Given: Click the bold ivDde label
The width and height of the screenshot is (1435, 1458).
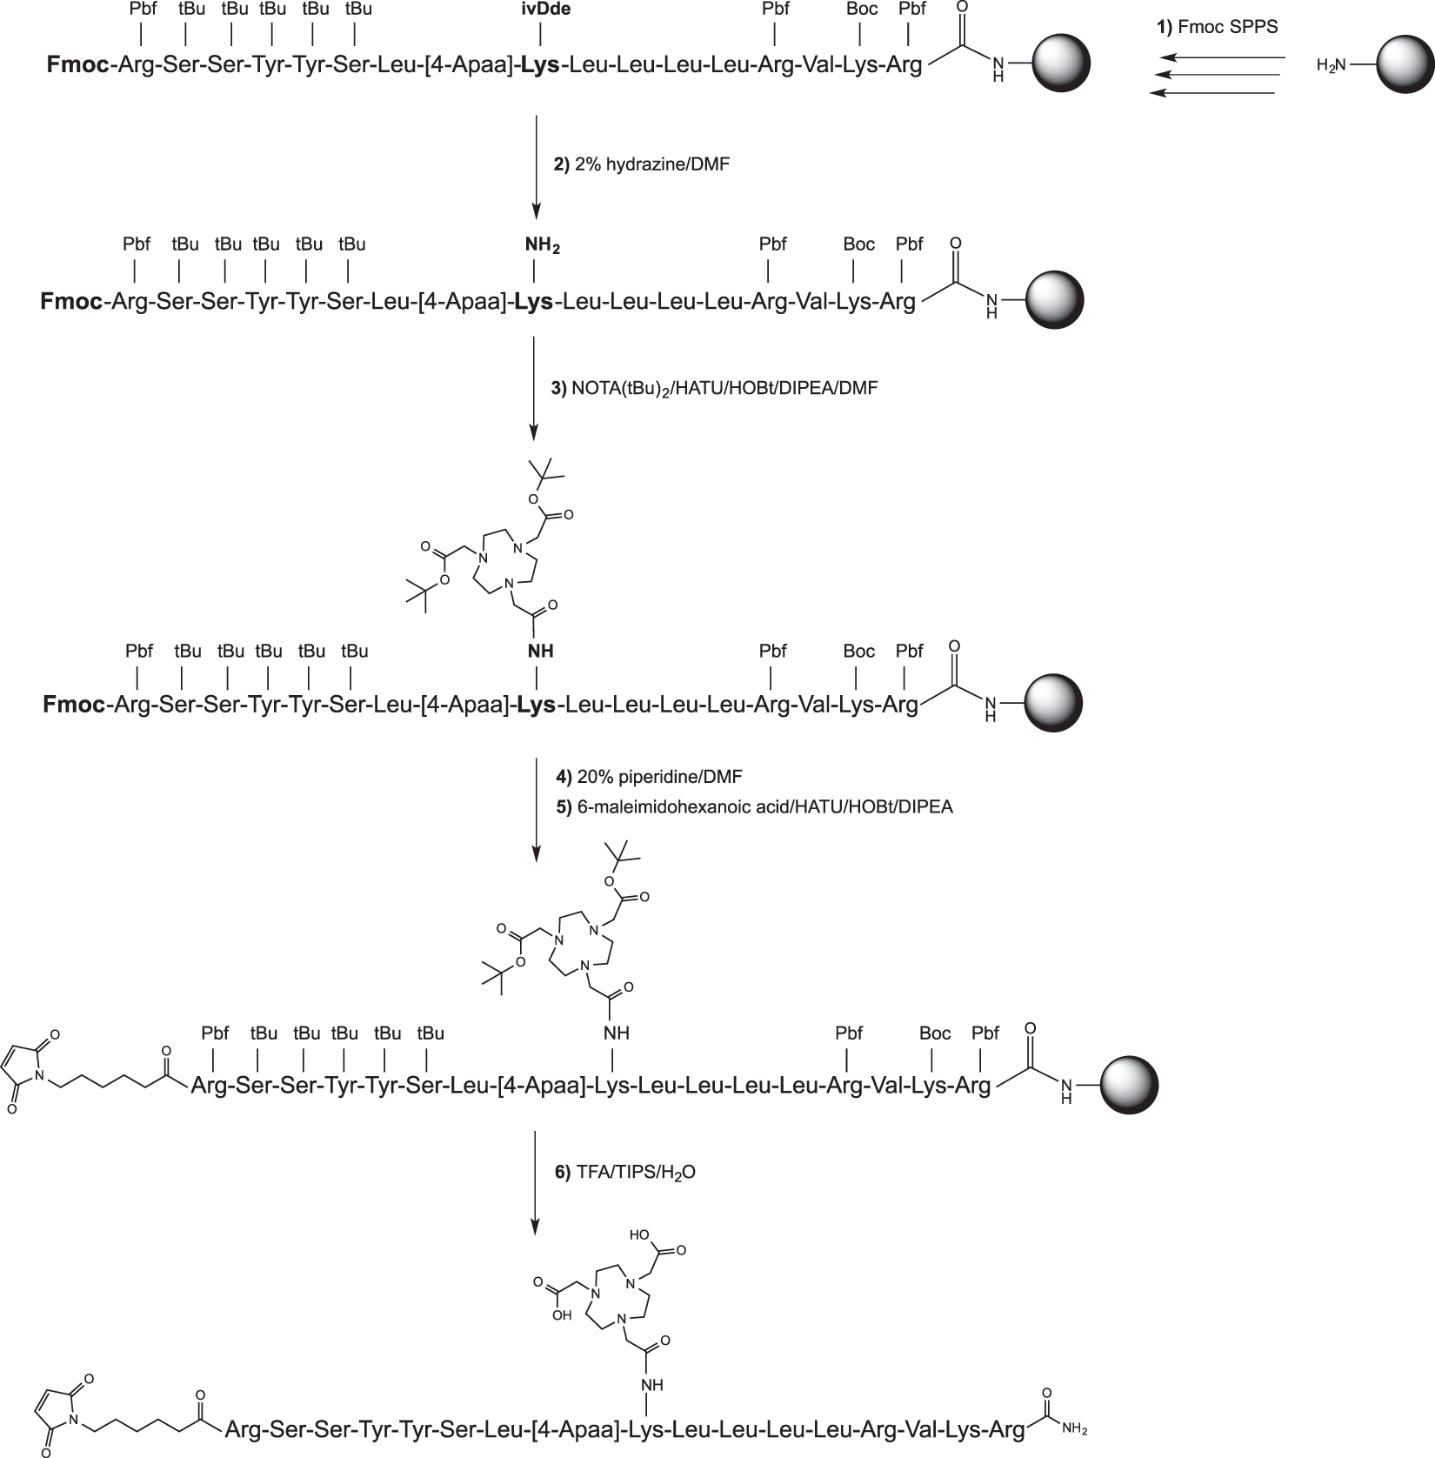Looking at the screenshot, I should pyautogui.click(x=540, y=10).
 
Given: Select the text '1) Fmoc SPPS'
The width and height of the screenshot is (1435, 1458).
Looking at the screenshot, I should pyautogui.click(x=1217, y=28).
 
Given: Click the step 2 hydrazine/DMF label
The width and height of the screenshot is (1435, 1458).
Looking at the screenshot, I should pyautogui.click(x=642, y=163).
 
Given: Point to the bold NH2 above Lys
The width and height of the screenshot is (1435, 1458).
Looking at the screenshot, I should pyautogui.click(x=542, y=246).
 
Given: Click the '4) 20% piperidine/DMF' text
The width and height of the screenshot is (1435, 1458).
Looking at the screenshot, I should pyautogui.click(x=649, y=777).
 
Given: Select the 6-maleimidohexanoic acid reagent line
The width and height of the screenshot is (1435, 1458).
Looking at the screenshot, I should pyautogui.click(x=753, y=806).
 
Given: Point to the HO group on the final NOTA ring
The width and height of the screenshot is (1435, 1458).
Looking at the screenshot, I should pyautogui.click(x=642, y=1234).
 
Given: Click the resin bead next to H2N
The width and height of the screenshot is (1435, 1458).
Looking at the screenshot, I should pyautogui.click(x=1405, y=64).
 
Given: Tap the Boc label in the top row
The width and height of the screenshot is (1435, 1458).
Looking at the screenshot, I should pyautogui.click(x=860, y=10).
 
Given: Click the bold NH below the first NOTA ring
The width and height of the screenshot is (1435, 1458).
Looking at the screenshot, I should pyautogui.click(x=539, y=651).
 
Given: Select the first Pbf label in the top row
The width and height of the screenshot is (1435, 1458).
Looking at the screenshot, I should pyautogui.click(x=143, y=10).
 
